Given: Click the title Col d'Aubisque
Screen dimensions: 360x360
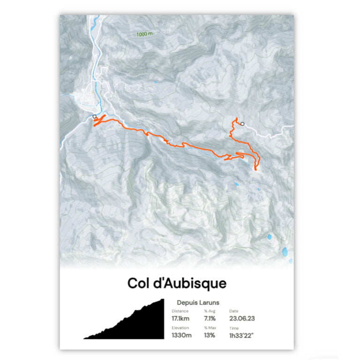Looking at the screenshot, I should click(177, 284).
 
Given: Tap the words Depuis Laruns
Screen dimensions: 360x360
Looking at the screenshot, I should click(198, 303).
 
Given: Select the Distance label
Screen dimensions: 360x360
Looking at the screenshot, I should click(180, 311).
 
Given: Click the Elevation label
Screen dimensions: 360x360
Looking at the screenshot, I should click(180, 328).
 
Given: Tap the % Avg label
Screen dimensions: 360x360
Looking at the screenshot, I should click(209, 311).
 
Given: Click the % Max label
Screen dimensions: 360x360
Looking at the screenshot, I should click(209, 328).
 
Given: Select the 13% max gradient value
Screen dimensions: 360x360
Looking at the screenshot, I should click(209, 335).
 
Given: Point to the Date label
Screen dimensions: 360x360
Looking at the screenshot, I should click(233, 311).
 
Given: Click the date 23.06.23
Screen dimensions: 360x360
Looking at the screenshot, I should click(242, 319).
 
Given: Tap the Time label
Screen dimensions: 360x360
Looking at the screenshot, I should click(234, 328).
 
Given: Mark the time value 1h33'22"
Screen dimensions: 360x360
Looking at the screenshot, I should click(242, 335).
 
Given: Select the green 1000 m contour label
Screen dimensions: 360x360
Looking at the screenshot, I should click(144, 34).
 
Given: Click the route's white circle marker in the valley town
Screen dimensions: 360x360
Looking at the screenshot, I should click(95, 116).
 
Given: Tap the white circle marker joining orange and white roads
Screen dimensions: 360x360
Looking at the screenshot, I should click(242, 124).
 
